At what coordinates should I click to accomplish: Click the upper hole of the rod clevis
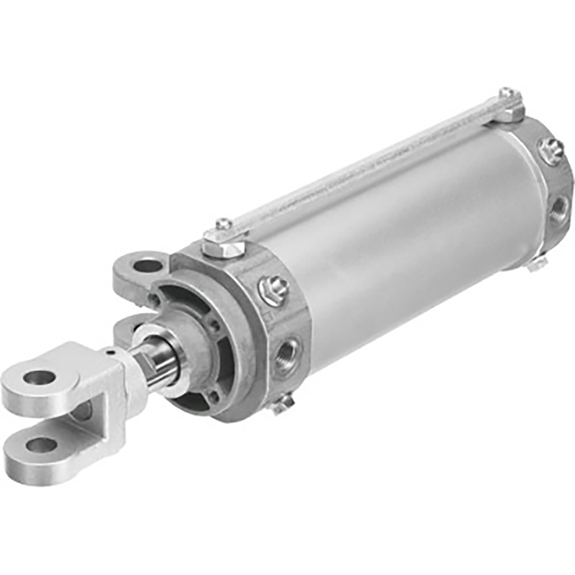39,379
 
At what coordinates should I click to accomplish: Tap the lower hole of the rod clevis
41,445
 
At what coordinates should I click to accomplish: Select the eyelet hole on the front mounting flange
147,265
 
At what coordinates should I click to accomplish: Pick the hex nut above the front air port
273,289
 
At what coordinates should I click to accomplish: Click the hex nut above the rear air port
550,150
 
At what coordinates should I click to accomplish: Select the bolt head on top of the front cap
223,226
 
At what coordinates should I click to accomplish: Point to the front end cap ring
246,329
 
